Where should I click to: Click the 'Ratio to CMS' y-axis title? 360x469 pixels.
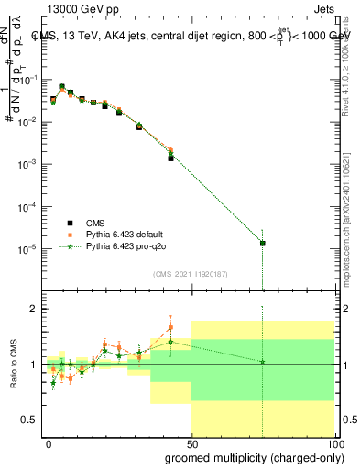point(13,364)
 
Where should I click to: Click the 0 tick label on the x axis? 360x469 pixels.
point(49,442)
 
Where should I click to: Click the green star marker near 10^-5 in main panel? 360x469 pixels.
point(263,243)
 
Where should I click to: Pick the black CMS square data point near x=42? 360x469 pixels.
point(170,158)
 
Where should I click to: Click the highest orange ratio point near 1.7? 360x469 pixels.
point(170,326)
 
